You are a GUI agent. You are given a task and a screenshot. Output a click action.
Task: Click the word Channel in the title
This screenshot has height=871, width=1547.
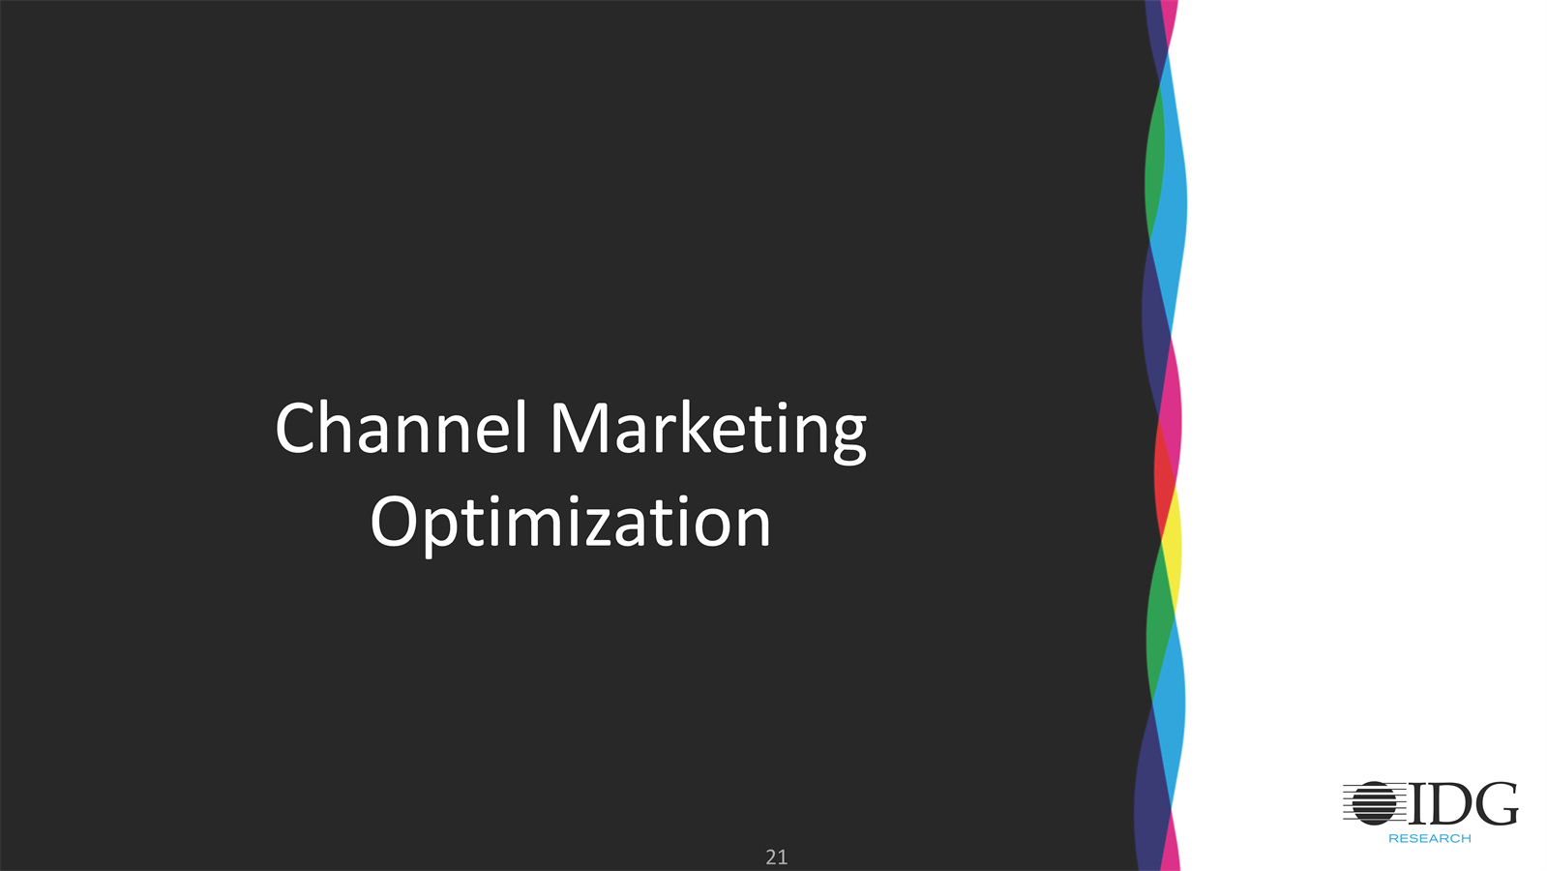pyautogui.click(x=402, y=428)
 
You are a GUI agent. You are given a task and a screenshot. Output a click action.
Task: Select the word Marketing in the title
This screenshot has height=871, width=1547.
pyautogui.click(x=708, y=432)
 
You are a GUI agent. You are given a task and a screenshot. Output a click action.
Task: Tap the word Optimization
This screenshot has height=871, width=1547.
pyautogui.click(x=571, y=525)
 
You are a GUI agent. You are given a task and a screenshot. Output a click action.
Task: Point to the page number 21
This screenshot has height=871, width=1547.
pyautogui.click(x=776, y=857)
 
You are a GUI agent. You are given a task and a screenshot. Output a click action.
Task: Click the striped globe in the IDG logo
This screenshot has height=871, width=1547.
pyautogui.click(x=1374, y=802)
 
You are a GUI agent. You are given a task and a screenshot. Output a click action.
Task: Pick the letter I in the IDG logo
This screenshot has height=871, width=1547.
pyautogui.click(x=1418, y=803)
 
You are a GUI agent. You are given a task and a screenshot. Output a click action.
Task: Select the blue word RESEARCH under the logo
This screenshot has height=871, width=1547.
pyautogui.click(x=1430, y=838)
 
